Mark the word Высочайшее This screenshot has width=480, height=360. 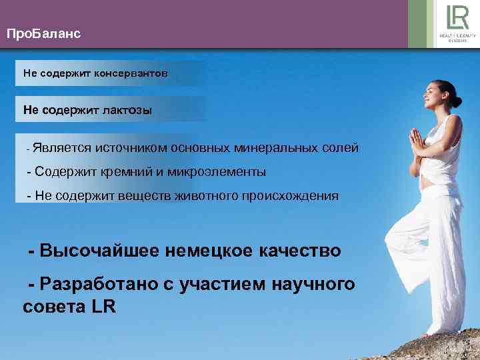pos(97,251)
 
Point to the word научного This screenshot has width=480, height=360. pos(312,285)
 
